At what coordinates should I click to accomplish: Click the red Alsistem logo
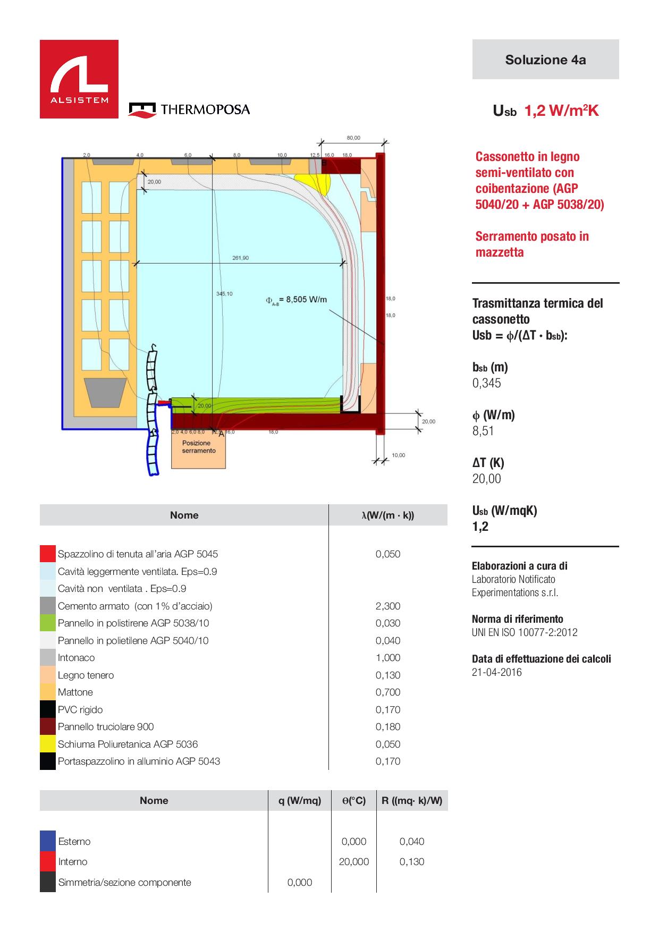click(x=79, y=79)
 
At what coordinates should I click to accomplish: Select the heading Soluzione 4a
click(x=545, y=60)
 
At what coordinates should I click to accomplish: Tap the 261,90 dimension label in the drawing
click(x=240, y=258)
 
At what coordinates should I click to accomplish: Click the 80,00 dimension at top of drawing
click(x=353, y=138)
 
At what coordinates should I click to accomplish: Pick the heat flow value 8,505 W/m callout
click(x=296, y=300)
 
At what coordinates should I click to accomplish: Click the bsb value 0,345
click(x=487, y=383)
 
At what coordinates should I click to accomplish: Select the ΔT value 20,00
click(x=487, y=479)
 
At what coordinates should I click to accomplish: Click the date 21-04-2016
click(x=497, y=672)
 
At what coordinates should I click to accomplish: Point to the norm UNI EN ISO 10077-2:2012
click(x=525, y=632)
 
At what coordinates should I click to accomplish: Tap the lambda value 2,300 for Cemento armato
click(x=388, y=606)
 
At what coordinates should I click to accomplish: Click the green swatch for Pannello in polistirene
click(x=48, y=623)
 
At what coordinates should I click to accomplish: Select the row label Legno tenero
click(x=86, y=675)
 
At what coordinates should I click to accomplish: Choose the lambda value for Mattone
click(x=388, y=692)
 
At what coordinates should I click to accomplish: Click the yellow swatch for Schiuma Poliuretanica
click(x=48, y=744)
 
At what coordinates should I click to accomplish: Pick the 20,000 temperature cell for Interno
click(x=354, y=861)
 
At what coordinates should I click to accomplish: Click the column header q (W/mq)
click(x=300, y=800)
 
